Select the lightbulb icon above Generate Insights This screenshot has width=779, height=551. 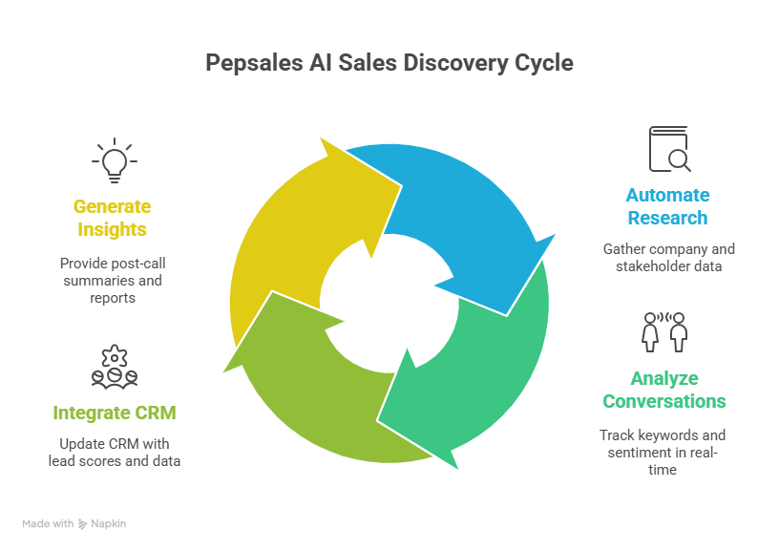click(113, 161)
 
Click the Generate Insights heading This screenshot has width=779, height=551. click(113, 218)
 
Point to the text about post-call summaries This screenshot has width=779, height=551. click(113, 280)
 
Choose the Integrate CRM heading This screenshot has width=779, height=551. click(115, 413)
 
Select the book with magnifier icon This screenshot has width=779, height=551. click(668, 150)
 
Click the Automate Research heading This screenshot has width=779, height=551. click(667, 206)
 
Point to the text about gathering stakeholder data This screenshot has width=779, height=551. click(668, 258)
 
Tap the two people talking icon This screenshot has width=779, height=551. click(665, 332)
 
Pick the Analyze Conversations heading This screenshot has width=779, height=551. click(664, 390)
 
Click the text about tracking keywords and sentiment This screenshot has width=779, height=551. click(664, 452)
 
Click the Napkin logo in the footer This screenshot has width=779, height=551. click(102, 523)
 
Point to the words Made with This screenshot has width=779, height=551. click(48, 523)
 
